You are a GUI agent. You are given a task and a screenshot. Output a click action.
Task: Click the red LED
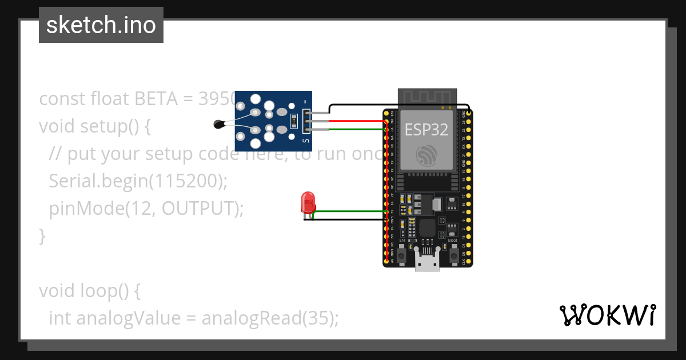[x=308, y=203]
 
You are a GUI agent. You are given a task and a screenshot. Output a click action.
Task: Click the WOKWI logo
[x=607, y=315]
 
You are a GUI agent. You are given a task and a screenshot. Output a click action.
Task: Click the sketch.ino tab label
[x=101, y=25]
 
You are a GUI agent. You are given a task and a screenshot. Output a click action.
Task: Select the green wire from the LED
[x=349, y=211]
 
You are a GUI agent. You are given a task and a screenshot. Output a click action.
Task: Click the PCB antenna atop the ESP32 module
[x=428, y=97]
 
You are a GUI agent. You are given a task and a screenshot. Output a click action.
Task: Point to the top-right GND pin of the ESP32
[x=469, y=113]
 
